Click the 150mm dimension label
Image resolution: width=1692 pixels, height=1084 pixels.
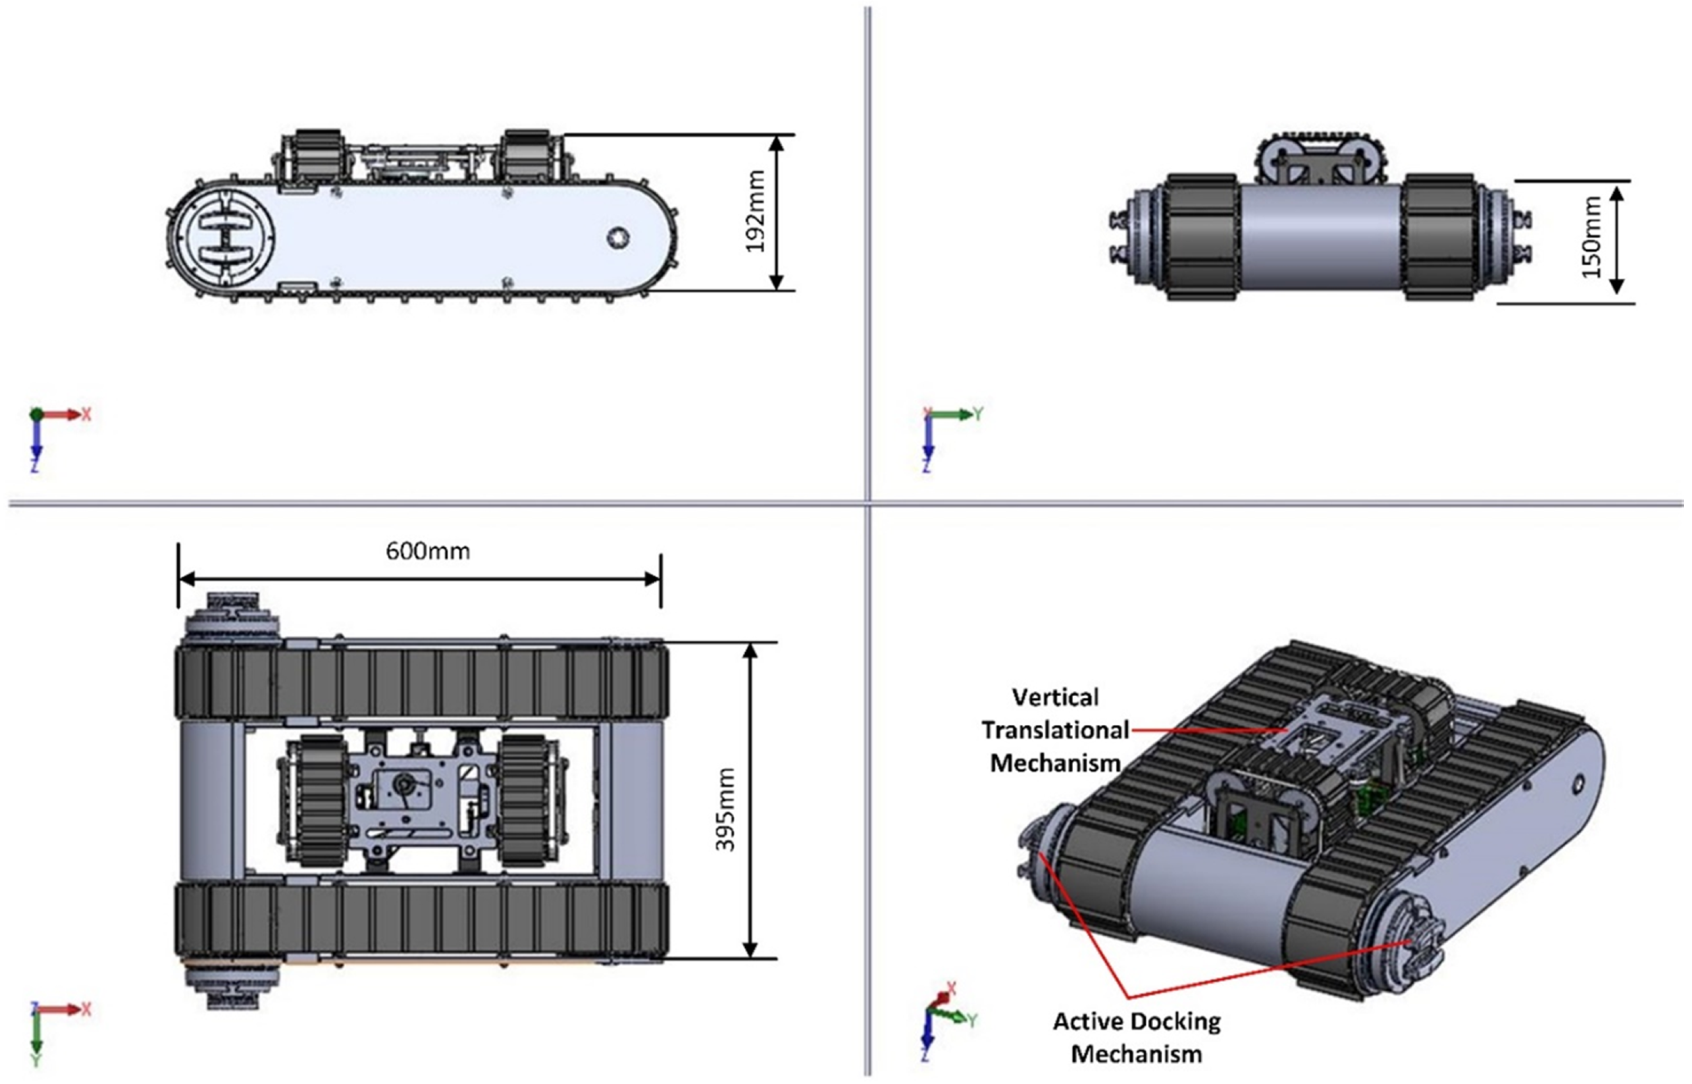(x=1592, y=237)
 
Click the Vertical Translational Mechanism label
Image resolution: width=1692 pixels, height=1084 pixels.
(x=1055, y=730)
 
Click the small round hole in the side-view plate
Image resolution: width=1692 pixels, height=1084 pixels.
(x=617, y=237)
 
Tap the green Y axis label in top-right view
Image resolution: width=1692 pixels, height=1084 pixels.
(x=978, y=414)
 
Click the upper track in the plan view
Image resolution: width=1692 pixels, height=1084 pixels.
(x=421, y=681)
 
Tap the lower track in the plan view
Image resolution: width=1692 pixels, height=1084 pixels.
(x=421, y=919)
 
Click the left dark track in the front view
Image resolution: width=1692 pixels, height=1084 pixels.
(x=1202, y=237)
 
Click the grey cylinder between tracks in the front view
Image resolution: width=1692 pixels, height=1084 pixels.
(x=1320, y=237)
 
